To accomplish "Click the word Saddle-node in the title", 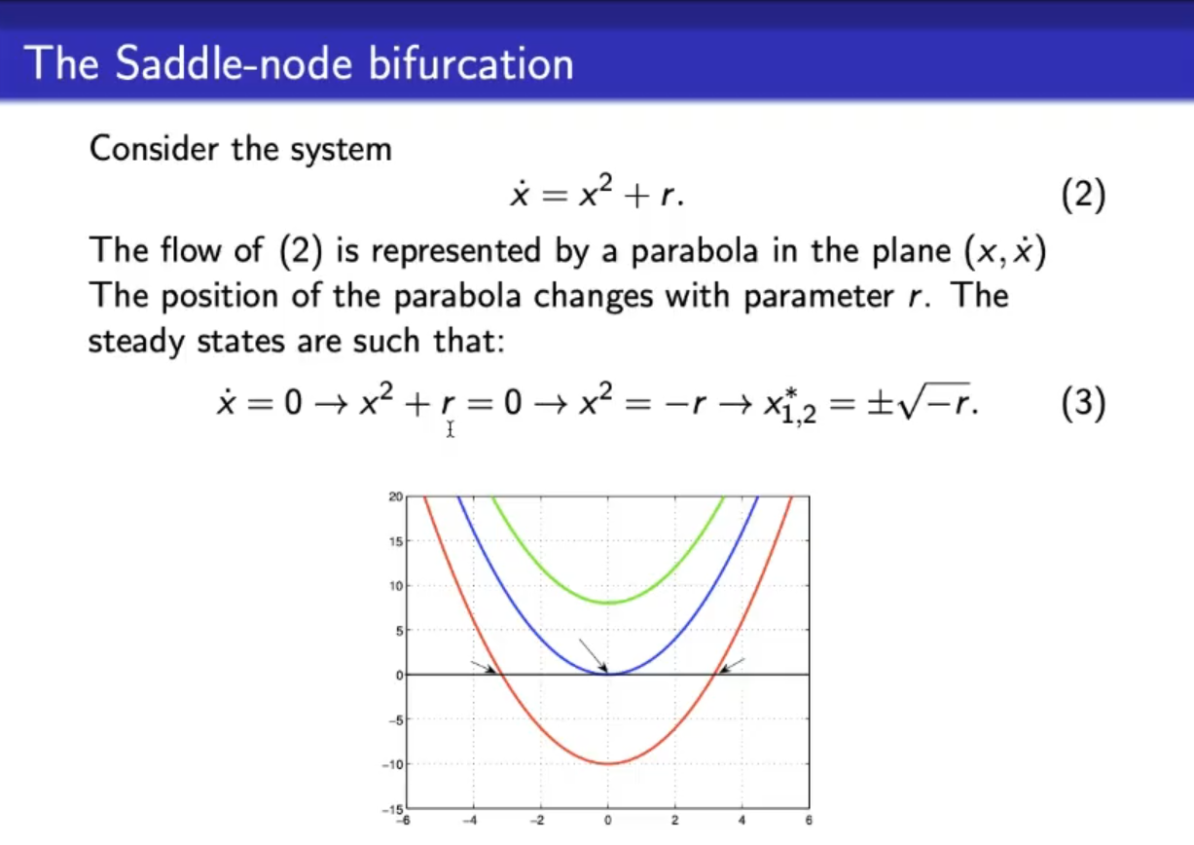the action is pyautogui.click(x=234, y=63).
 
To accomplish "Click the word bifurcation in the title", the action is pyautogui.click(x=471, y=63).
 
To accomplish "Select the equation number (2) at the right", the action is pyautogui.click(x=1083, y=195).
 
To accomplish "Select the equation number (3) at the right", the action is pyautogui.click(x=1083, y=403).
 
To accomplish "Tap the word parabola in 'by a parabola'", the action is pyautogui.click(x=694, y=250).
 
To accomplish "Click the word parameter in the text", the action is pyautogui.click(x=818, y=296).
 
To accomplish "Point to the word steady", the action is pyautogui.click(x=136, y=342).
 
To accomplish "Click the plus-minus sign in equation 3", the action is pyautogui.click(x=880, y=404).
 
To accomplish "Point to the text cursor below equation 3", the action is pyautogui.click(x=451, y=429).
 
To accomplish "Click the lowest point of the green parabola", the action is pyautogui.click(x=608, y=603).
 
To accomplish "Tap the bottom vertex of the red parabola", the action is pyautogui.click(x=608, y=763).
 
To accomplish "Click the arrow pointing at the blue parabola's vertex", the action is pyautogui.click(x=594, y=655).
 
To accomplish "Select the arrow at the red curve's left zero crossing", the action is pyautogui.click(x=483, y=667).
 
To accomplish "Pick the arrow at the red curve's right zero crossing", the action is pyautogui.click(x=732, y=665).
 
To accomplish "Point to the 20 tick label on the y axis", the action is pyautogui.click(x=395, y=496).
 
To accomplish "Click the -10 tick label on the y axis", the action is pyautogui.click(x=392, y=764).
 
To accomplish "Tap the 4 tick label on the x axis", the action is pyautogui.click(x=742, y=821).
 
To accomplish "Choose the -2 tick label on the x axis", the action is pyautogui.click(x=538, y=821).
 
